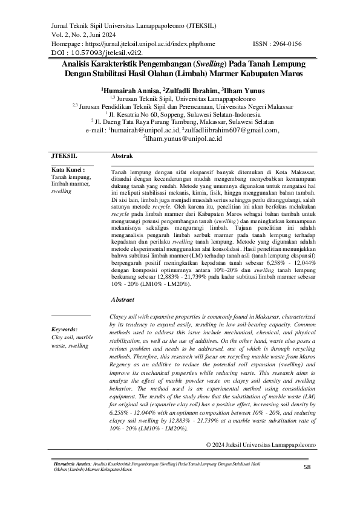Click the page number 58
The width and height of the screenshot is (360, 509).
tap(306, 467)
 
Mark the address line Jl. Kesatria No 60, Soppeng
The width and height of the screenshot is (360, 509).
tap(180, 112)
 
